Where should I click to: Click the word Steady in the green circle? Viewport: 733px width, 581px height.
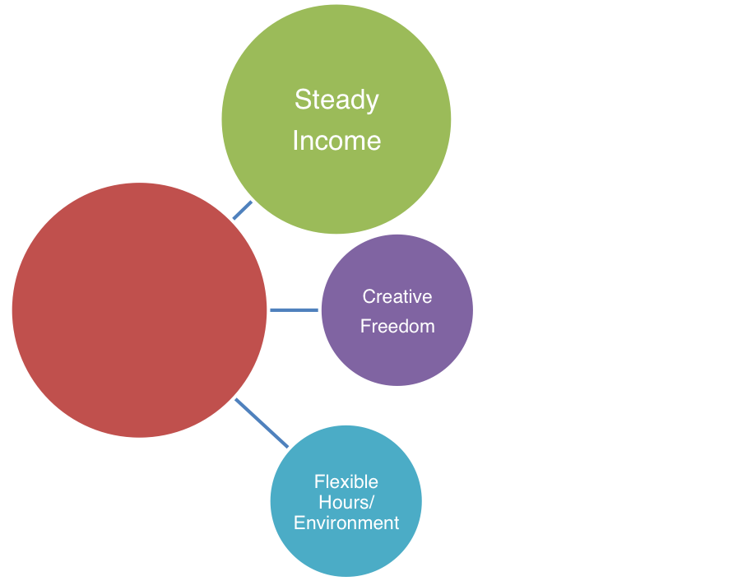pos(336,100)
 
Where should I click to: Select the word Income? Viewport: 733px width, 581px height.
pos(336,141)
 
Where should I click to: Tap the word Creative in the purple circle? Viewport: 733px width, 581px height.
pos(397,296)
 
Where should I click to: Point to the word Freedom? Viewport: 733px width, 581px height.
pos(397,326)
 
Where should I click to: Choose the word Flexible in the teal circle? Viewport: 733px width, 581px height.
pos(346,481)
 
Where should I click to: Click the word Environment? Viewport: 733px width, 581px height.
pos(346,523)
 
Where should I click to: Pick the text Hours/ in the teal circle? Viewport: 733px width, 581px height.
pos(346,502)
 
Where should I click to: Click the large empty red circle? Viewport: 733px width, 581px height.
pos(140,309)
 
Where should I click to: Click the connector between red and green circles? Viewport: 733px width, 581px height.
pos(242,211)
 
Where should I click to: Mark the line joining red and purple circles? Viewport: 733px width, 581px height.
pos(294,310)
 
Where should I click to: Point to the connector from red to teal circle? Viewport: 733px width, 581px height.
pos(262,424)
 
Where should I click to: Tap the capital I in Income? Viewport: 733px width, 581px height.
pos(295,141)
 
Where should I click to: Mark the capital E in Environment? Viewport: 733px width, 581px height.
pos(299,523)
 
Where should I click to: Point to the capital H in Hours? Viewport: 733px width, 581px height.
pos(324,502)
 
